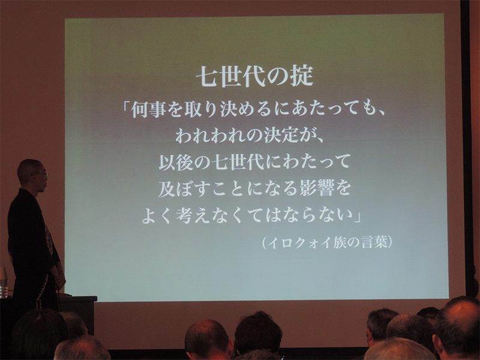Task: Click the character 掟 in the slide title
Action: point(302,76)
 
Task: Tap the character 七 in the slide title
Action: point(208,76)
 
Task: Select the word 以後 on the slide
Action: point(176,161)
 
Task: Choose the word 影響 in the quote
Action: point(316,188)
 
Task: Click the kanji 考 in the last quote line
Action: point(184,215)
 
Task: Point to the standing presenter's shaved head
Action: point(31,172)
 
